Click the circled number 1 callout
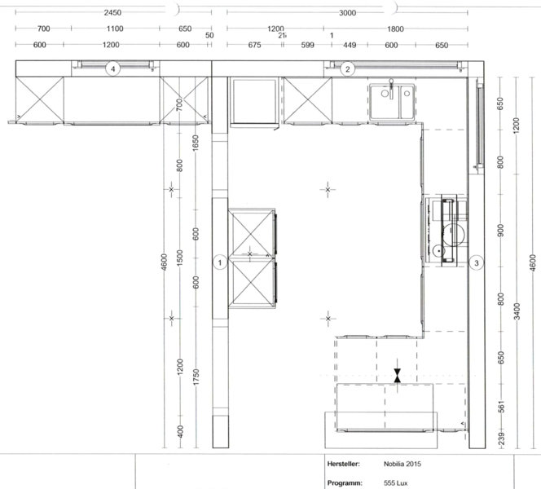click(x=219, y=262)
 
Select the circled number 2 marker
click(x=347, y=69)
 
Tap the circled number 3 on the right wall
click(x=477, y=262)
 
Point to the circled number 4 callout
click(x=115, y=69)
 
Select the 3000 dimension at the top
click(x=348, y=14)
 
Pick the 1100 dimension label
click(x=115, y=29)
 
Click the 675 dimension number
click(x=253, y=46)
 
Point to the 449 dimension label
click(x=350, y=46)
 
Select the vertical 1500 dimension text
click(x=180, y=260)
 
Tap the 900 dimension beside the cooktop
click(x=501, y=231)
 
